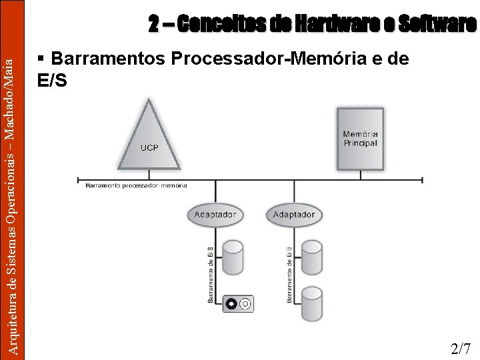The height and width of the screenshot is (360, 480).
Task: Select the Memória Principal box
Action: click(360, 138)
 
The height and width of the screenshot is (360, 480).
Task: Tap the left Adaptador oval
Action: click(215, 215)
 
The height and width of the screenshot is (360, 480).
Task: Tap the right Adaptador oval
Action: click(293, 215)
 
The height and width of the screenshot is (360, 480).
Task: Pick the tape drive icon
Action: click(238, 304)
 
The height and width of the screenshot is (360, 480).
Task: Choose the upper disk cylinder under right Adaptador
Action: click(311, 256)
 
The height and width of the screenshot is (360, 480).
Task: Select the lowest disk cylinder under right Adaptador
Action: click(311, 303)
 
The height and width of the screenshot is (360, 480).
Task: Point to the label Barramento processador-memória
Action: click(136, 185)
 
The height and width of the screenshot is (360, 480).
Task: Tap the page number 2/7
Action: click(461, 348)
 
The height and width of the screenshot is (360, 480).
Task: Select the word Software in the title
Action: click(437, 25)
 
